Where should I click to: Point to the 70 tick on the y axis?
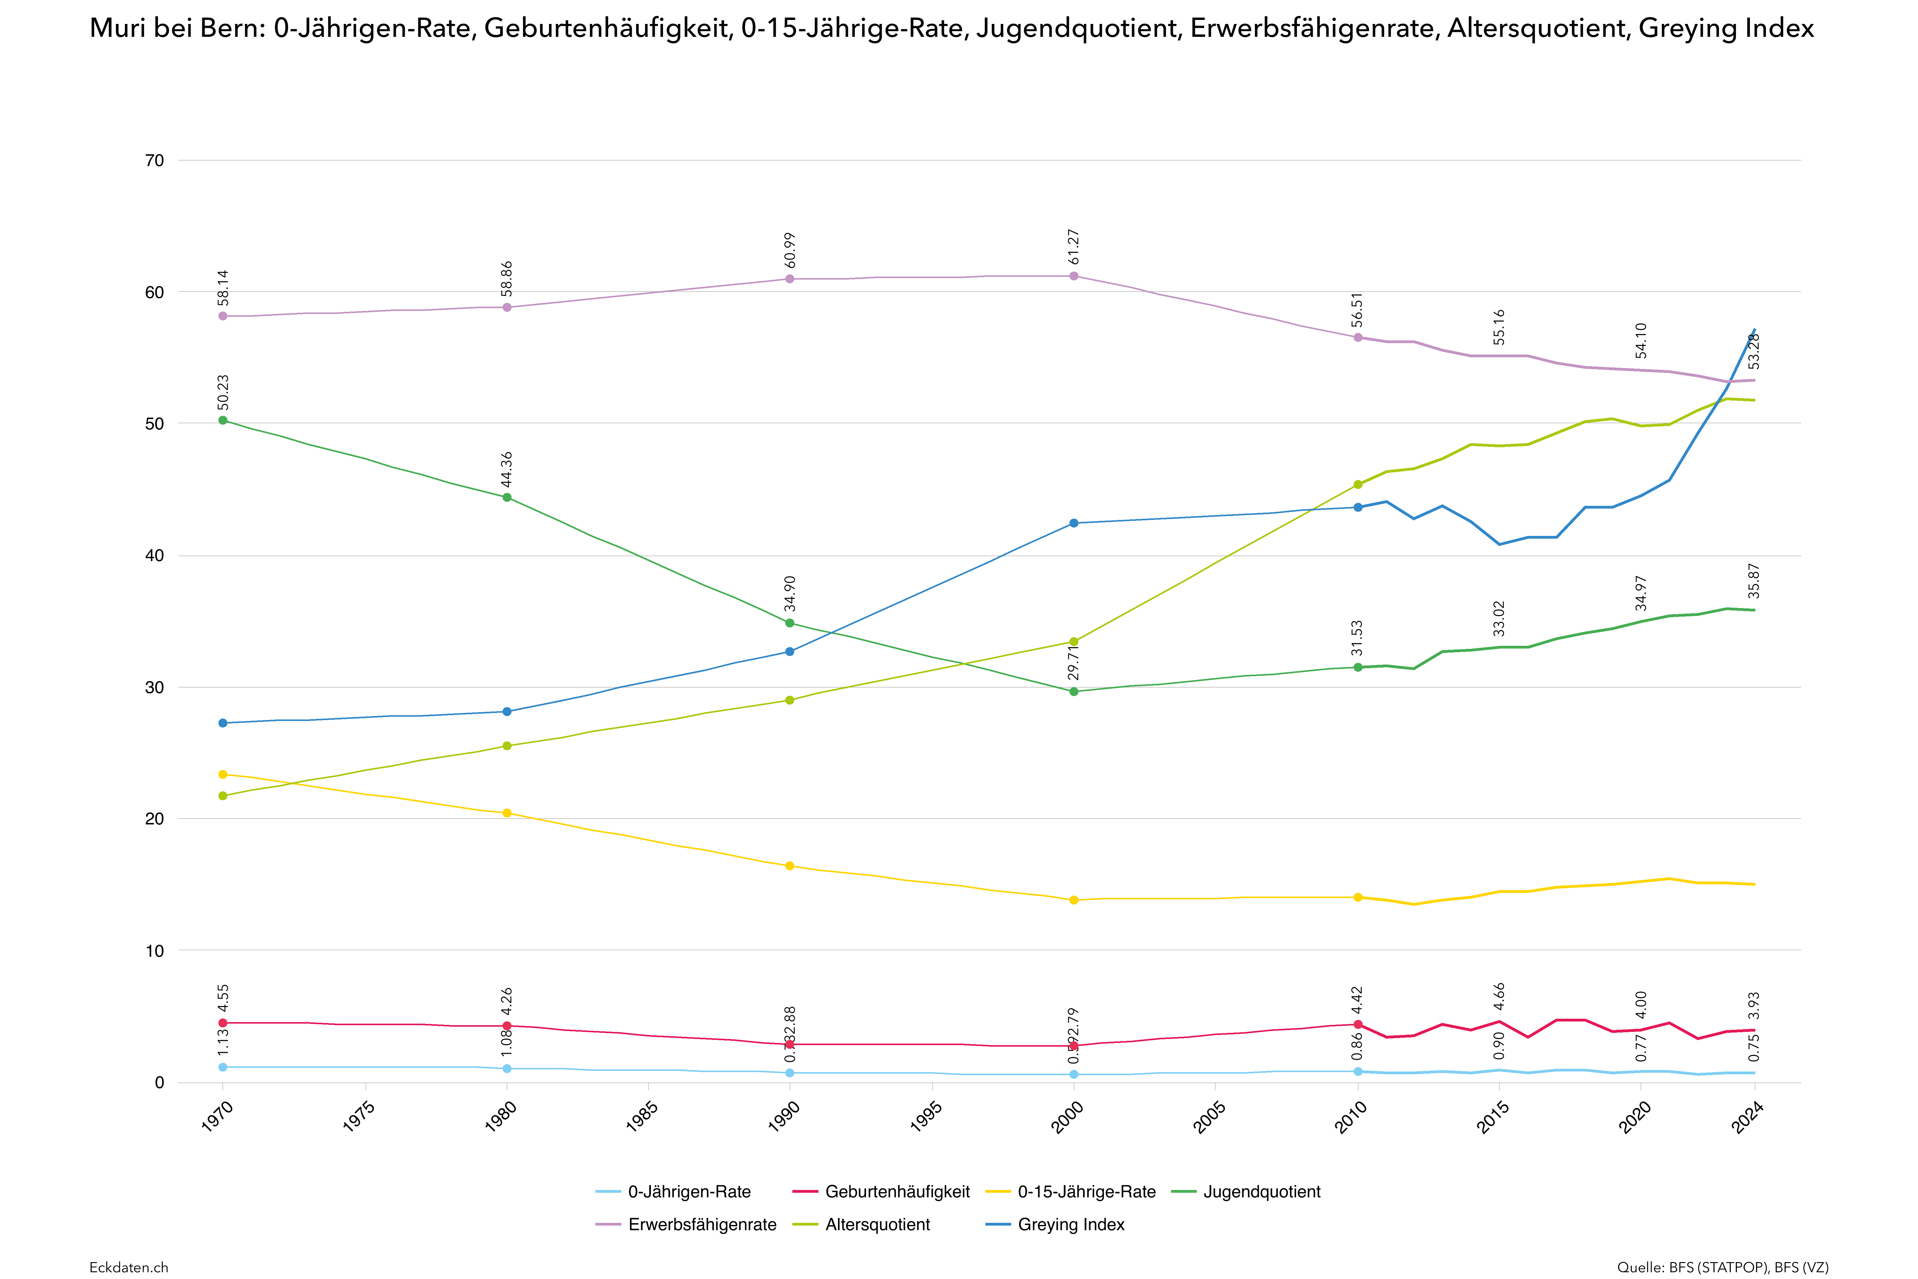click(154, 161)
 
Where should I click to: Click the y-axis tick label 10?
click(154, 951)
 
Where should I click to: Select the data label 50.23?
click(222, 392)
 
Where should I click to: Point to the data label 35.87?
click(1754, 581)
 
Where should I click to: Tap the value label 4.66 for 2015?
click(1499, 997)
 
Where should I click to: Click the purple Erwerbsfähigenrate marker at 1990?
click(789, 279)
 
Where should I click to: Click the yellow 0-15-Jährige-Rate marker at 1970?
click(222, 774)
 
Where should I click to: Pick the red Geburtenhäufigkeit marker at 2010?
click(1358, 1025)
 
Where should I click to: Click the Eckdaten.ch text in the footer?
click(129, 1267)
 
